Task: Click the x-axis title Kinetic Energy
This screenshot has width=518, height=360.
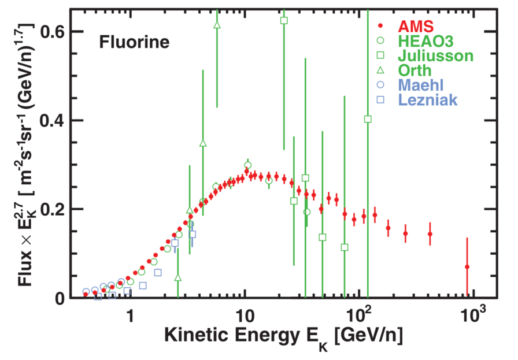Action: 283,337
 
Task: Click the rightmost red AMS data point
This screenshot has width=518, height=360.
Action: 467,267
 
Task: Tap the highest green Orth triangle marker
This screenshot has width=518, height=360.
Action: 217,25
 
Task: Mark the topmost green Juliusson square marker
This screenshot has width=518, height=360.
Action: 284,20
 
